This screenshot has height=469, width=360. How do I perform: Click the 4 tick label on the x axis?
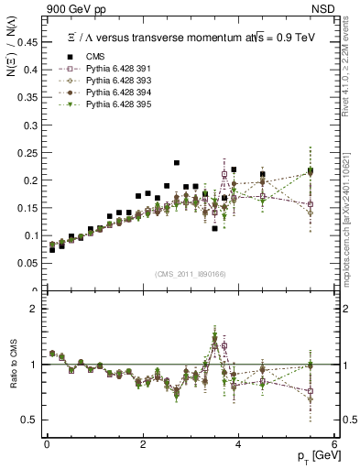click(238, 444)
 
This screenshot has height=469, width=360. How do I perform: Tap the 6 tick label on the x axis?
click(334, 444)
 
